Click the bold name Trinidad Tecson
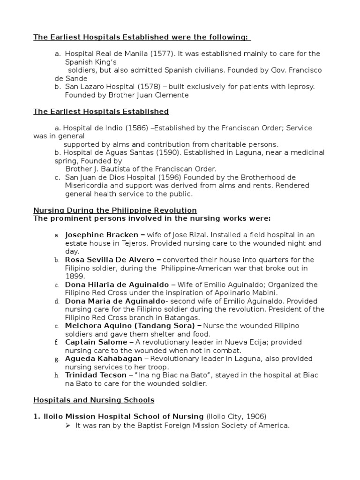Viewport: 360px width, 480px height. pyautogui.click(x=96, y=375)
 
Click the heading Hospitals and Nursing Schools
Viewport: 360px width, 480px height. pyautogui.click(x=94, y=400)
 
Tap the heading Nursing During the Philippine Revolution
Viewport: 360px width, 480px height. pyautogui.click(x=115, y=210)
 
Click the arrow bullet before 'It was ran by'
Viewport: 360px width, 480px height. pyautogui.click(x=67, y=426)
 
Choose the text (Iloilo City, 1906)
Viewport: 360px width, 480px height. pyautogui.click(x=236, y=416)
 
